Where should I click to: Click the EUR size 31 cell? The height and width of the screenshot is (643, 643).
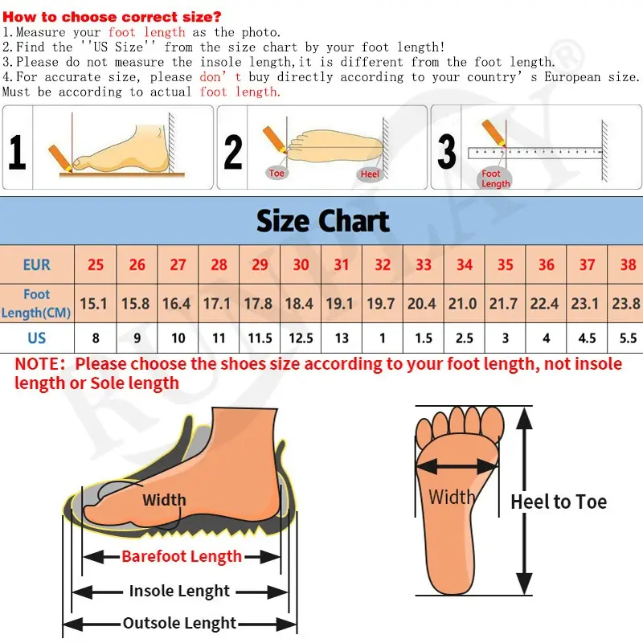click(342, 264)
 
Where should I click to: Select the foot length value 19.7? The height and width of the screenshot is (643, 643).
click(380, 304)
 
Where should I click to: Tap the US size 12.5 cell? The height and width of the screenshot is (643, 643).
click(301, 338)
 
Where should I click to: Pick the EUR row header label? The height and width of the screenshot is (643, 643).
click(36, 264)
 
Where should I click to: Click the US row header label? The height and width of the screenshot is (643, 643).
click(36, 338)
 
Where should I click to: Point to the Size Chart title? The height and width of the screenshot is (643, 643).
click(323, 221)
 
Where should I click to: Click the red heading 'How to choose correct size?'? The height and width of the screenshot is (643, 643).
click(112, 17)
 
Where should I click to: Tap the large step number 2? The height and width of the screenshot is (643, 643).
click(233, 152)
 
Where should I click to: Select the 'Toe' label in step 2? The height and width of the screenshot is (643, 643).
click(276, 173)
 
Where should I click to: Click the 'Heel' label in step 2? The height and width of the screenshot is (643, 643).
click(370, 174)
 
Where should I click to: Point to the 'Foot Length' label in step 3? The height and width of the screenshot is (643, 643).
click(495, 178)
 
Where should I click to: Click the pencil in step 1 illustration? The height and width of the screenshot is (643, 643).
click(61, 158)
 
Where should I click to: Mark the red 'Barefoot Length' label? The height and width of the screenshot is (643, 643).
click(182, 556)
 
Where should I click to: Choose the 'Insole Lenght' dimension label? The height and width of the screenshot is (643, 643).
click(179, 591)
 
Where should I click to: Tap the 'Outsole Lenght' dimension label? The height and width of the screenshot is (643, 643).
click(179, 623)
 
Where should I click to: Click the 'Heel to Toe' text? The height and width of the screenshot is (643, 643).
click(559, 502)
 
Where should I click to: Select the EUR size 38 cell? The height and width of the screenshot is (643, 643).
click(628, 264)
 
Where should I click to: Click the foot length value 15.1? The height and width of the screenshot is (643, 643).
click(93, 304)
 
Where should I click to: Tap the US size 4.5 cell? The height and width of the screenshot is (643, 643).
click(587, 338)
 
